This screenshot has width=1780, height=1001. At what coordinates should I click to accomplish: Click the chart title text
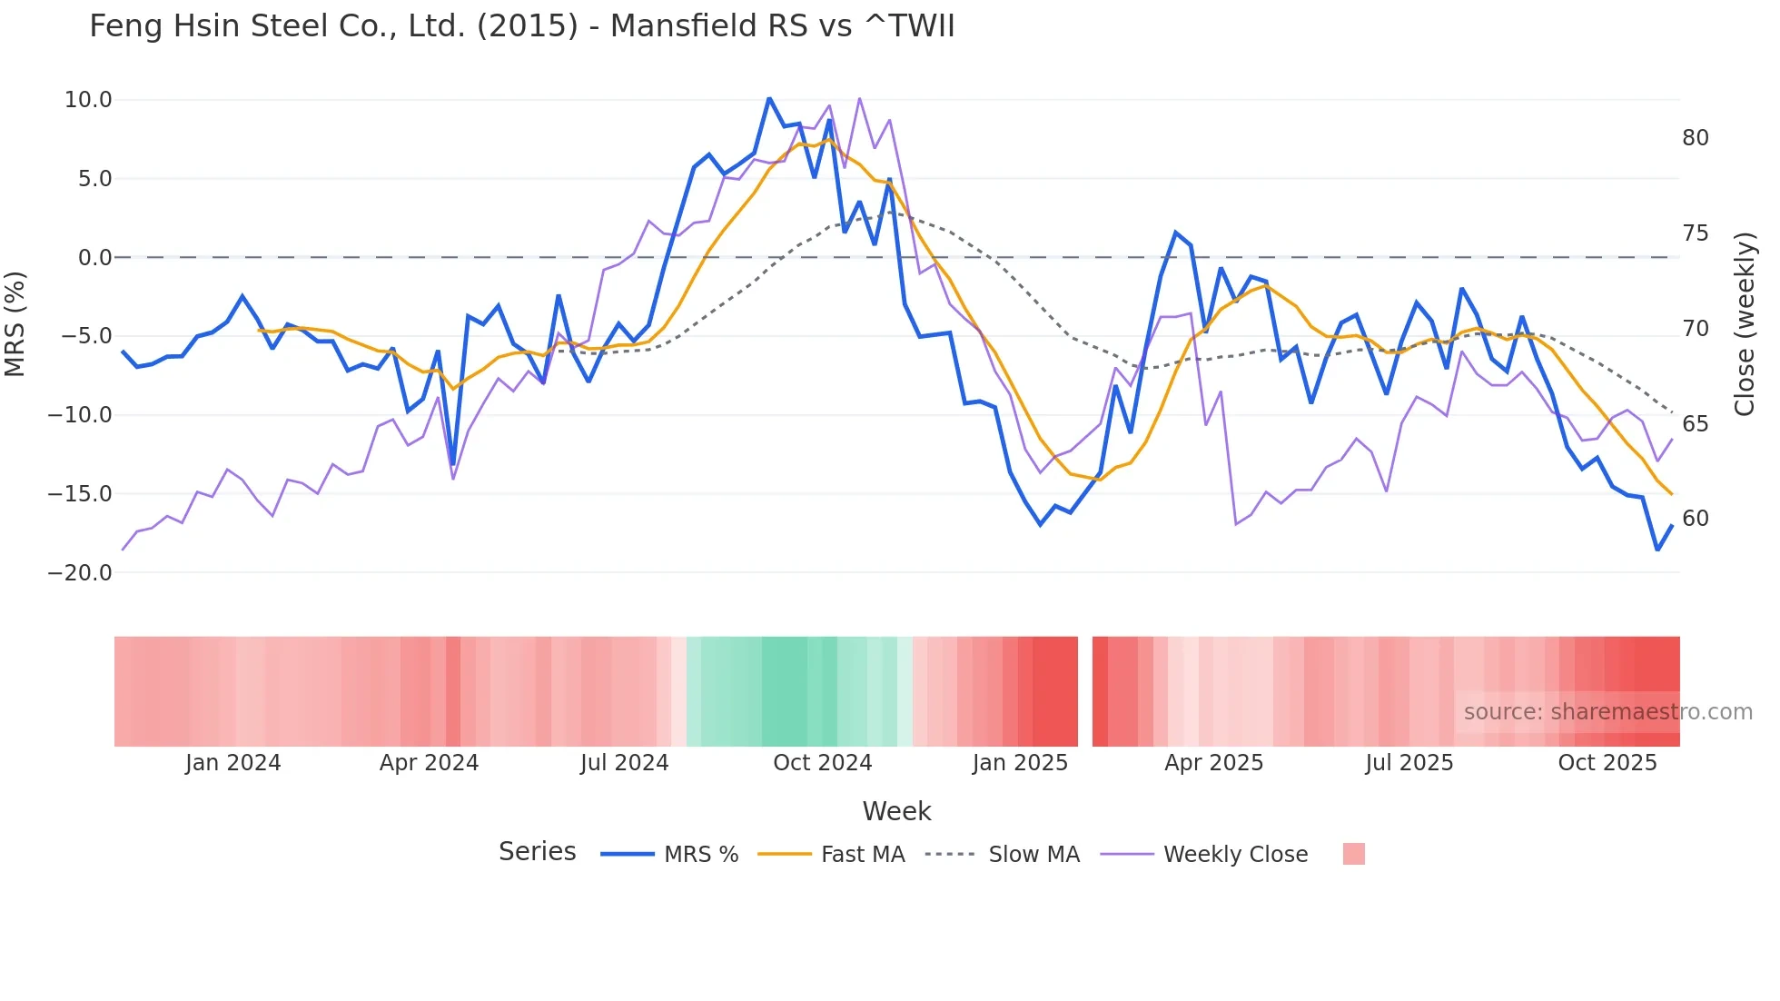click(x=521, y=26)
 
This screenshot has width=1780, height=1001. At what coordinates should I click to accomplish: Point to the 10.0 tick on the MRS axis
click(x=88, y=100)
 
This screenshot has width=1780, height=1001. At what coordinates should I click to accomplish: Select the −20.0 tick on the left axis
click(x=80, y=573)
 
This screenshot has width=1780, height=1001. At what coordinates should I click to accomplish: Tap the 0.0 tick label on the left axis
click(x=94, y=258)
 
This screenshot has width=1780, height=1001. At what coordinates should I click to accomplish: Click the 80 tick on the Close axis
click(x=1695, y=138)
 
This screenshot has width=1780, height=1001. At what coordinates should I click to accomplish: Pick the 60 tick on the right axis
click(x=1695, y=519)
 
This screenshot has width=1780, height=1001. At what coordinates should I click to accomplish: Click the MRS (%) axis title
click(x=15, y=324)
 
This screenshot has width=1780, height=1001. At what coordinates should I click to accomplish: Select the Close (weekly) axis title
click(x=1744, y=324)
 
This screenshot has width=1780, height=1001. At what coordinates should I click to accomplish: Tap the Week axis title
click(x=896, y=811)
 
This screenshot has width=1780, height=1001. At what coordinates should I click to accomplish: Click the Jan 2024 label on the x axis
click(x=232, y=763)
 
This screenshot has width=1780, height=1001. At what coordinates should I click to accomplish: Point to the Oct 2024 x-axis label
click(x=822, y=763)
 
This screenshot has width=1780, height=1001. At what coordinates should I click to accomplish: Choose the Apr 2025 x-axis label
click(x=1213, y=763)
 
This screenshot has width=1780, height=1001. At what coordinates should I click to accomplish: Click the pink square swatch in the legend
click(x=1353, y=854)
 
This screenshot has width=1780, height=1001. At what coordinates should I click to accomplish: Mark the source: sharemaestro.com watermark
click(x=1607, y=712)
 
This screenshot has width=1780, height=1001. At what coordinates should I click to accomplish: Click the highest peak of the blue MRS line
click(x=769, y=98)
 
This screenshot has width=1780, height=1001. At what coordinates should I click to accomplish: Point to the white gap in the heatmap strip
click(x=1084, y=691)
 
